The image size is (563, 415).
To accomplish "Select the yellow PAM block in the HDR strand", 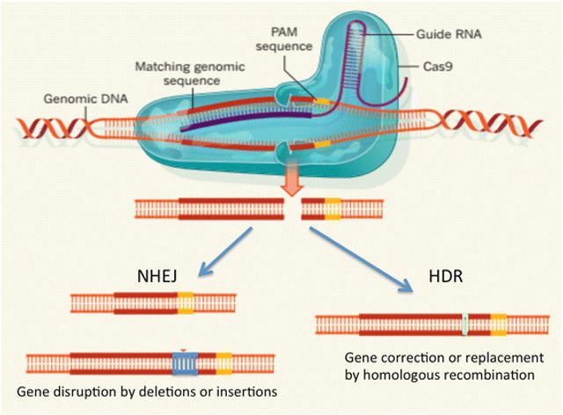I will point(498,324).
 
